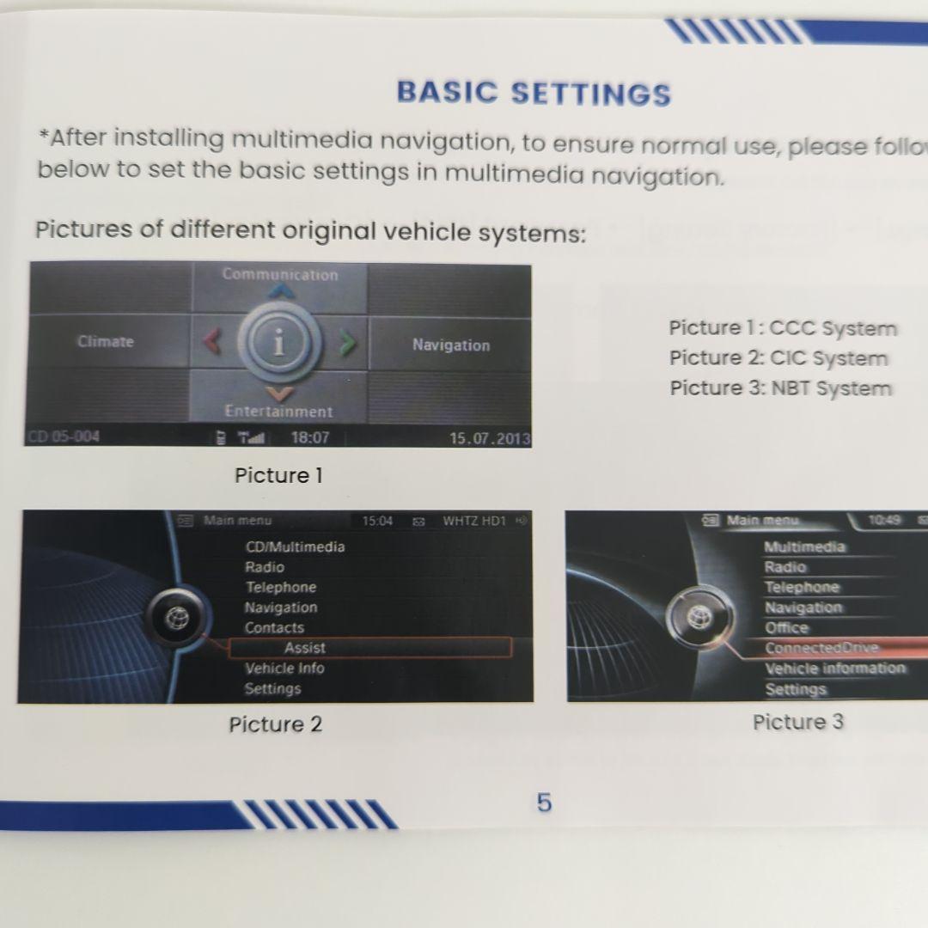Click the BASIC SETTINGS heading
(534, 93)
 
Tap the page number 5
(545, 803)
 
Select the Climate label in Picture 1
(106, 341)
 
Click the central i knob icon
(278, 344)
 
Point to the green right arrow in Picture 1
(346, 344)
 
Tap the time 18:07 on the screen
(309, 437)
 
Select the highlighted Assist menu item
(305, 648)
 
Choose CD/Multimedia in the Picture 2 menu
(295, 546)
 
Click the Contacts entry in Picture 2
(274, 627)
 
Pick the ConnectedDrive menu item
(822, 648)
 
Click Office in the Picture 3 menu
(787, 627)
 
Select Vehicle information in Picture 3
(835, 669)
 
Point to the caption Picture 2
(275, 724)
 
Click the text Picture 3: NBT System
(780, 388)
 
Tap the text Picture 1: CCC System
(783, 328)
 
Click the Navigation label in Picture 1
(450, 345)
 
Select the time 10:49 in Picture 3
(884, 520)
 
